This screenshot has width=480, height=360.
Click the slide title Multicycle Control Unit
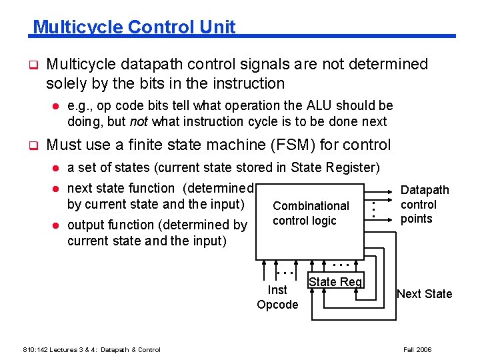pyautogui.click(x=134, y=27)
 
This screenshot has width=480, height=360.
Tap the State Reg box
pyautogui.click(x=335, y=281)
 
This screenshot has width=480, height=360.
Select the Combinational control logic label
pyautogui.click(x=311, y=213)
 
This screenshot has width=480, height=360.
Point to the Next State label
pyautogui.click(x=424, y=294)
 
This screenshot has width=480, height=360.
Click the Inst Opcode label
pyautogui.click(x=277, y=297)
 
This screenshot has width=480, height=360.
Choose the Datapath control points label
pyautogui.click(x=425, y=205)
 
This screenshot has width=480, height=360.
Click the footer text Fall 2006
pyautogui.click(x=418, y=349)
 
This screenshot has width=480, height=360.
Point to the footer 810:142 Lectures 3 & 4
pyautogui.click(x=91, y=349)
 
